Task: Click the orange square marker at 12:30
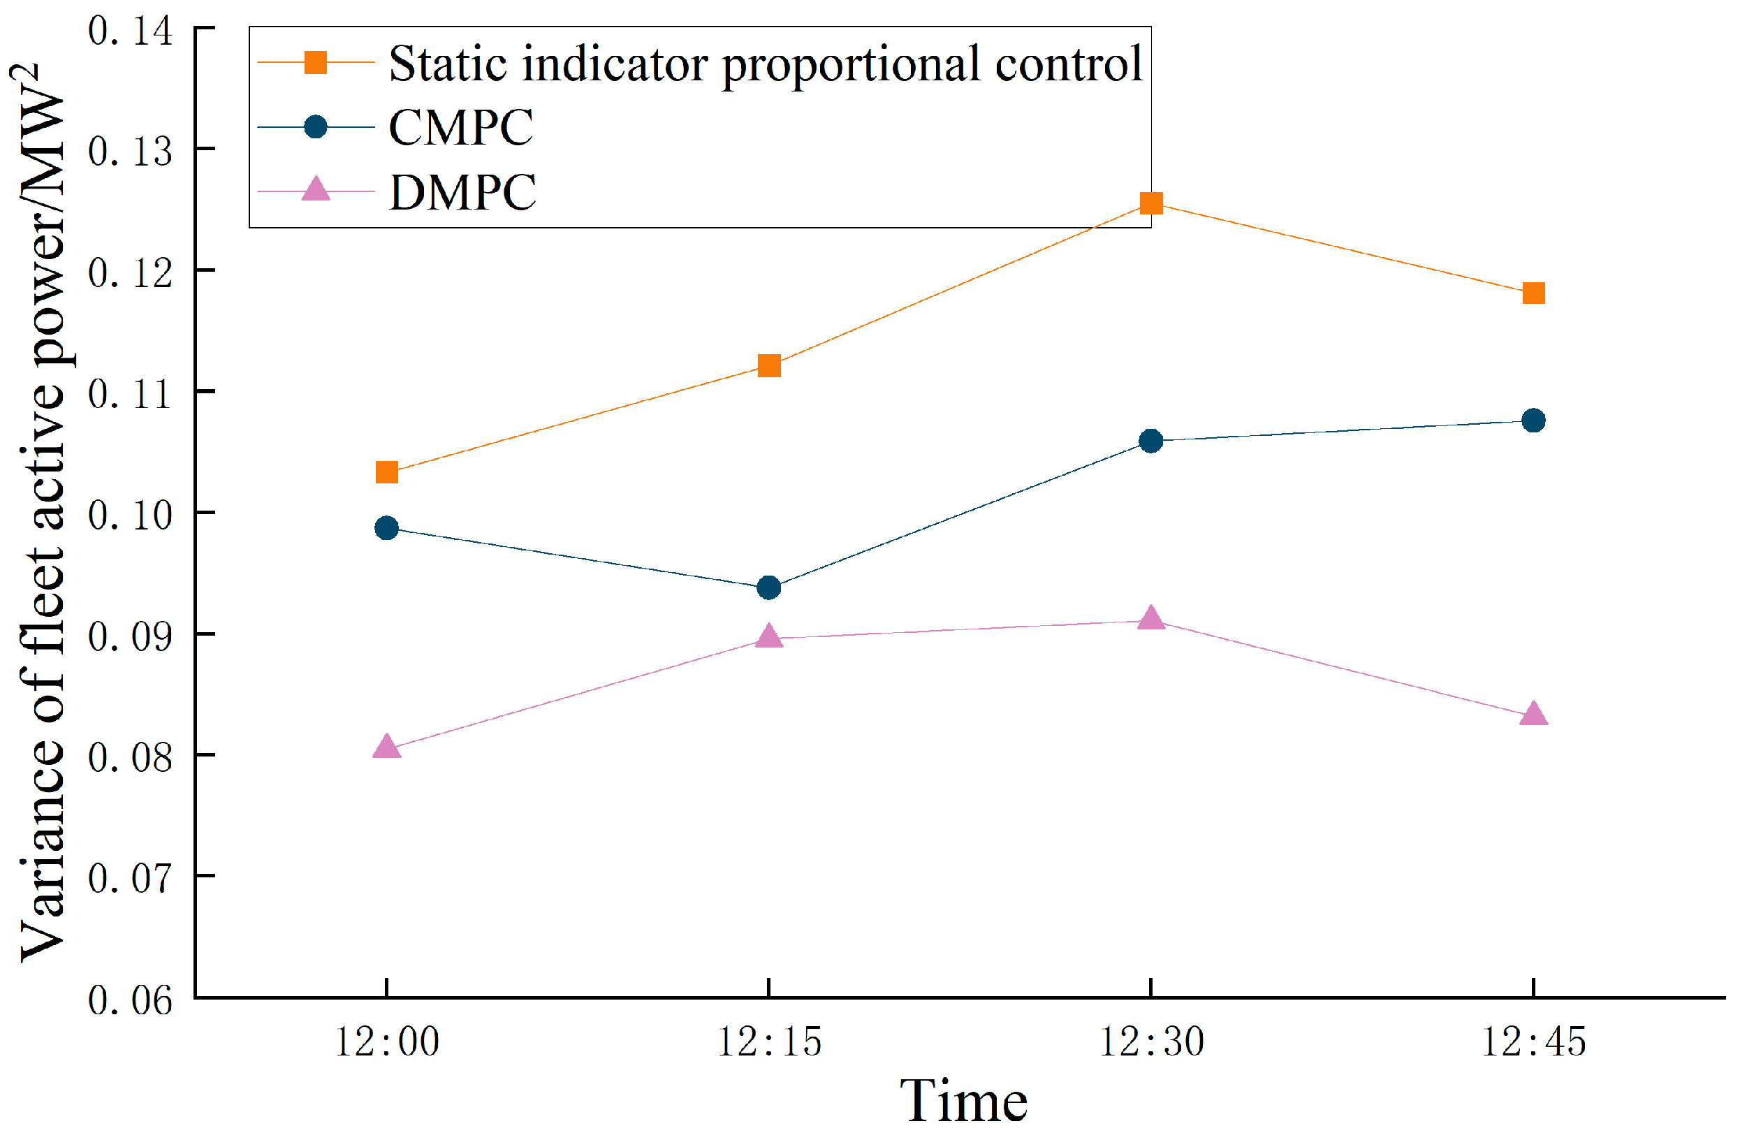click(1150, 203)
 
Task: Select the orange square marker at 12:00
click(387, 472)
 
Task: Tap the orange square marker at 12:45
click(1533, 293)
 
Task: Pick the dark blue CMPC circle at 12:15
click(768, 587)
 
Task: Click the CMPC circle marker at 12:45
click(1533, 421)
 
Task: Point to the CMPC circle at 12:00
click(387, 528)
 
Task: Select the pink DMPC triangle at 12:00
click(387, 747)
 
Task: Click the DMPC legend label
click(462, 192)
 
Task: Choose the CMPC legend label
click(460, 128)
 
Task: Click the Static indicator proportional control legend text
click(766, 64)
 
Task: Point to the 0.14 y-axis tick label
click(130, 31)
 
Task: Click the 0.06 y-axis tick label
click(130, 999)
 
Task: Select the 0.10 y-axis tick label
click(130, 515)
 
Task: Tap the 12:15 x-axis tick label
click(768, 1042)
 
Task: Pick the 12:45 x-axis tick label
click(1533, 1042)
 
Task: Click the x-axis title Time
click(963, 1100)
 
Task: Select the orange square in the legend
click(316, 63)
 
